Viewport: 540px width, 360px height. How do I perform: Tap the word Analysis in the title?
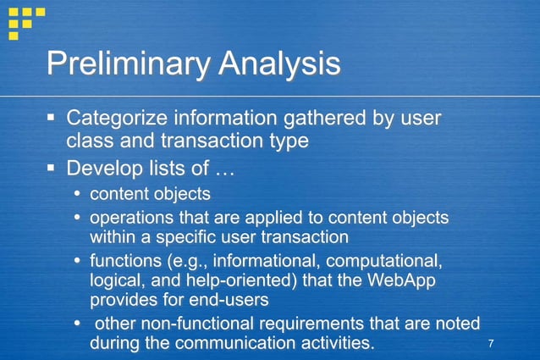pos(278,64)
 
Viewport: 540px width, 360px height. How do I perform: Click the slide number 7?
pos(490,342)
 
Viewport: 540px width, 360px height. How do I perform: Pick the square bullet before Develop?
pos(52,164)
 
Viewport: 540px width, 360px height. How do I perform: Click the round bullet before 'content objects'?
pos(79,194)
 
